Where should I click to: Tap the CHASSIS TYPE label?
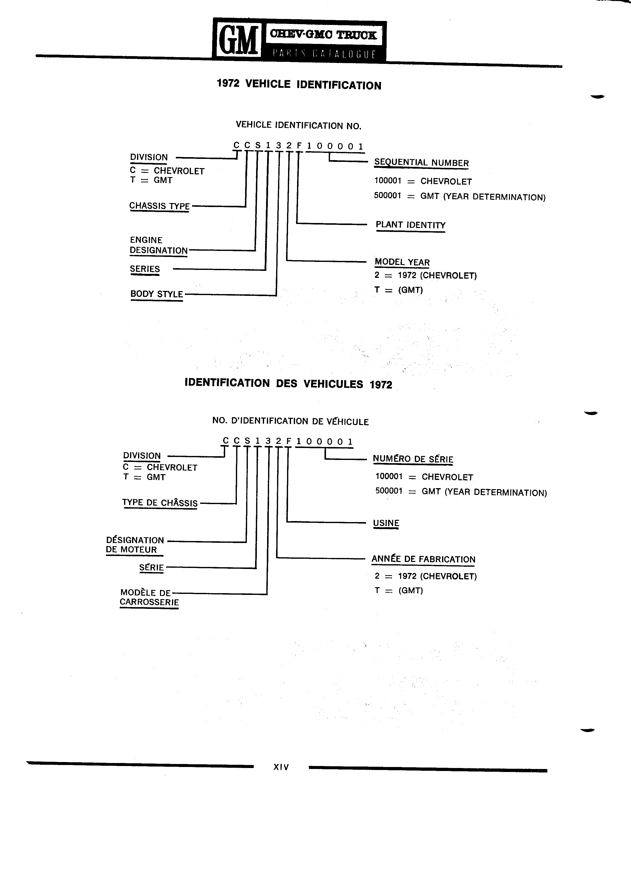(159, 206)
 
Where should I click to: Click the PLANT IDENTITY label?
(411, 225)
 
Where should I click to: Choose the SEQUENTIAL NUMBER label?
(421, 163)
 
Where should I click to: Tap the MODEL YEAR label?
(402, 262)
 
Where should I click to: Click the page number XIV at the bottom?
(281, 767)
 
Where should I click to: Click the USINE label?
(386, 523)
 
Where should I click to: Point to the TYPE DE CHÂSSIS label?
(160, 503)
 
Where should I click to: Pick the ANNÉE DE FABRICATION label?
(423, 559)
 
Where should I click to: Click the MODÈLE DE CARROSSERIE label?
(149, 597)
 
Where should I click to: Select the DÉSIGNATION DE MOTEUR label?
(135, 545)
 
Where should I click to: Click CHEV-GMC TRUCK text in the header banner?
(323, 35)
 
